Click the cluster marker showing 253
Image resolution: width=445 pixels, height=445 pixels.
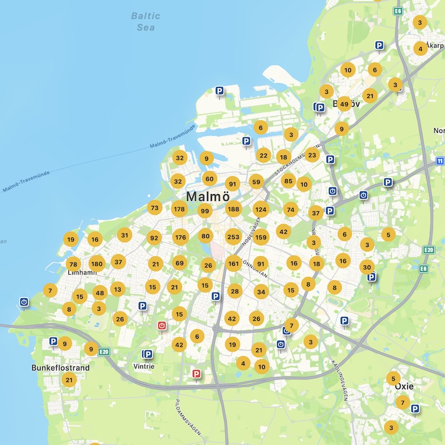(x=233, y=237)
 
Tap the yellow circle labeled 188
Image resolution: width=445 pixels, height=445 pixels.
(x=233, y=210)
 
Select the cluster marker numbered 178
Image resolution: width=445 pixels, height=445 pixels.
(x=179, y=210)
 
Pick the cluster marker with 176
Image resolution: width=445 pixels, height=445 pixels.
(x=180, y=237)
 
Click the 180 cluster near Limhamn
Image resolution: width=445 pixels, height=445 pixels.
(x=97, y=264)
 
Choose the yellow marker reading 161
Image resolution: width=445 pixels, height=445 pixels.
(x=234, y=264)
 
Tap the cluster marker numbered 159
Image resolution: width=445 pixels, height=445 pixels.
(x=261, y=237)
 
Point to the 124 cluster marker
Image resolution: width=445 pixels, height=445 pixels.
(x=261, y=210)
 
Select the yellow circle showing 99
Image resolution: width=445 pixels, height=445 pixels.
(x=205, y=211)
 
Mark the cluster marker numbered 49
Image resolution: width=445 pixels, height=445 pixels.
(x=344, y=104)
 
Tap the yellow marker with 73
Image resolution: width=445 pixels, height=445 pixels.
(x=155, y=208)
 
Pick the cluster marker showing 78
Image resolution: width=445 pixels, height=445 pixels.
(x=73, y=264)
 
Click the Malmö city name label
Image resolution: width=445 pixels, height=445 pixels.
(x=207, y=196)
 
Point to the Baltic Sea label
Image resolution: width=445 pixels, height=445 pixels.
(x=146, y=21)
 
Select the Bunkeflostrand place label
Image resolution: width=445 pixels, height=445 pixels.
(x=61, y=368)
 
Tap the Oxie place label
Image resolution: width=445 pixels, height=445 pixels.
(x=404, y=385)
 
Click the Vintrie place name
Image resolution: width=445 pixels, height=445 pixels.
(x=144, y=367)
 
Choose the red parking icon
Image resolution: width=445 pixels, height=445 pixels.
(x=196, y=374)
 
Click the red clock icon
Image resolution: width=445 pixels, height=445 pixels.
(x=162, y=325)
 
